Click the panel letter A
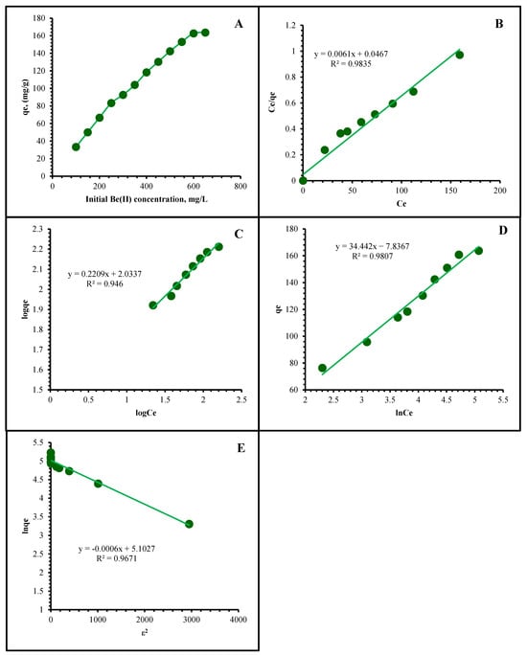(239, 24)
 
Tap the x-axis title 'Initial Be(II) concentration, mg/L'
(147, 199)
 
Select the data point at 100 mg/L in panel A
(76, 147)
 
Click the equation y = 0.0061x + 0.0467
(352, 54)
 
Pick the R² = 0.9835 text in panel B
(351, 63)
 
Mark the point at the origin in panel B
(303, 180)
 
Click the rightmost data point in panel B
(460, 55)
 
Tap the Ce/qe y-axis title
(273, 102)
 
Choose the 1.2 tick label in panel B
(291, 26)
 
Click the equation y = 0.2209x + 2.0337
(104, 274)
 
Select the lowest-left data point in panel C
(153, 305)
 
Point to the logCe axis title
(146, 414)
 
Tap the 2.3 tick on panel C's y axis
(38, 229)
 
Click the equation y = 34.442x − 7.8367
(373, 246)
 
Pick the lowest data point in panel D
(322, 368)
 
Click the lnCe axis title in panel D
(404, 413)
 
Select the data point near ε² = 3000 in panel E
(189, 524)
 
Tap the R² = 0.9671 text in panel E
(117, 558)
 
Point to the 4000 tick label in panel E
(239, 620)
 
